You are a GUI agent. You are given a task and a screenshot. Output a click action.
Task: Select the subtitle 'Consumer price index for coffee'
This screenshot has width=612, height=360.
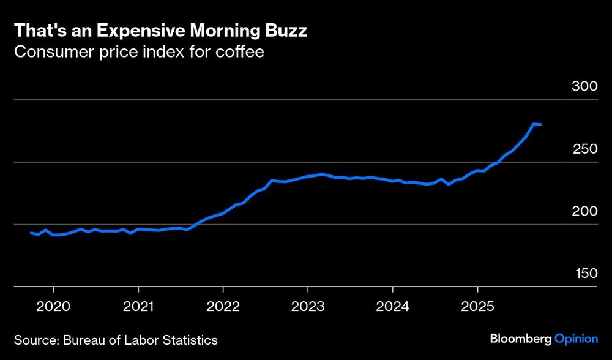[x=139, y=51]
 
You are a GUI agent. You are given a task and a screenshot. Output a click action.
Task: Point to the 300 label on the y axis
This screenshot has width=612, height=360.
[x=584, y=86]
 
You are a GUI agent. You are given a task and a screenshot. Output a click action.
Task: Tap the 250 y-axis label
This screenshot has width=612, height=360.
[x=584, y=149]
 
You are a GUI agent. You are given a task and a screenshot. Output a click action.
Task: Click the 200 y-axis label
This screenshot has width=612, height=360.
[x=584, y=211]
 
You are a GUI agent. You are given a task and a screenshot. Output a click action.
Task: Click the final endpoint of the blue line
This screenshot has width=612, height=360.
[x=541, y=125]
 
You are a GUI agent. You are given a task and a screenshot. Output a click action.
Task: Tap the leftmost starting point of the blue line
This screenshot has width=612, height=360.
[x=31, y=233]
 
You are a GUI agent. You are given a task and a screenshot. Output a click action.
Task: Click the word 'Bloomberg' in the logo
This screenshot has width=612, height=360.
[x=520, y=339]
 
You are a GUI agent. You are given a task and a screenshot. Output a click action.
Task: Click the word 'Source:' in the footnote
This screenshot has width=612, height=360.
[x=34, y=339]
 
